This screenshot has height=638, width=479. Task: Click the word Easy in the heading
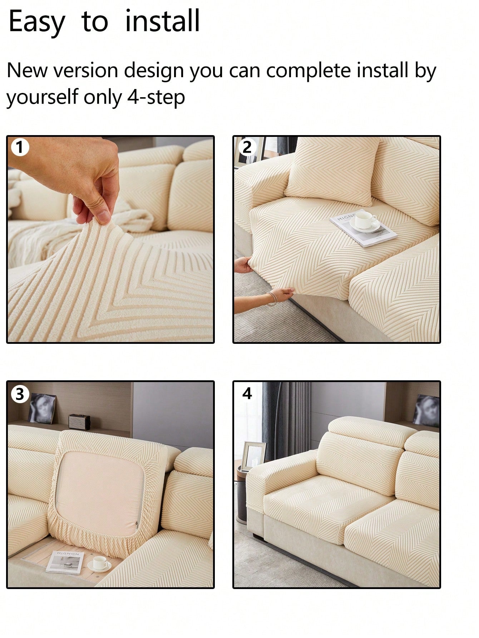(37, 22)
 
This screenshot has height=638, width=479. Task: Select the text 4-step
(156, 97)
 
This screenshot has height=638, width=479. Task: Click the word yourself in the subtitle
(42, 97)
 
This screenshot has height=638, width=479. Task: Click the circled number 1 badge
(20, 147)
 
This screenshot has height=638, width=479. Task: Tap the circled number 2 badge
(247, 147)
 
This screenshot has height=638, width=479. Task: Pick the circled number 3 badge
(20, 394)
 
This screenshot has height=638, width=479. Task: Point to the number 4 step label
(247, 394)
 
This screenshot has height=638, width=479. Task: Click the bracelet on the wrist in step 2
(272, 299)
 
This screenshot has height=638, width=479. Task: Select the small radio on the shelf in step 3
(79, 422)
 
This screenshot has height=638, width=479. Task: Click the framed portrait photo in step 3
(42, 408)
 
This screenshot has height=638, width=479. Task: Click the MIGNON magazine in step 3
(65, 562)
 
